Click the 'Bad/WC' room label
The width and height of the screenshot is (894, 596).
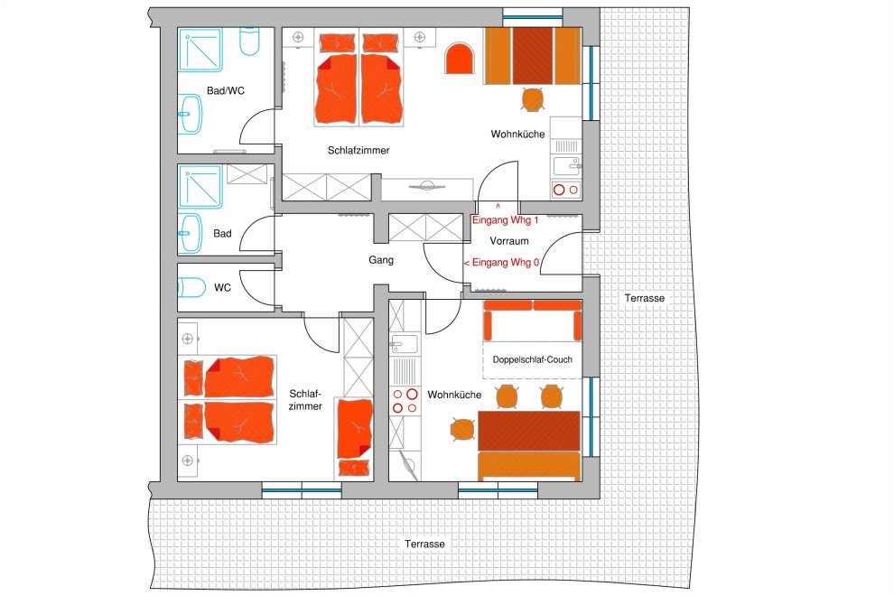(x=226, y=90)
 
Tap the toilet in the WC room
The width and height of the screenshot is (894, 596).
(x=191, y=287)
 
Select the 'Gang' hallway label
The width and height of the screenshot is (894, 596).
(x=381, y=260)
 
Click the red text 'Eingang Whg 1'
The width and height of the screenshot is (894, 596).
(x=505, y=220)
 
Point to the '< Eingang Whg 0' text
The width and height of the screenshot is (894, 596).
(x=501, y=263)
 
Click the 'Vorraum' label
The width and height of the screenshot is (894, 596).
(x=509, y=241)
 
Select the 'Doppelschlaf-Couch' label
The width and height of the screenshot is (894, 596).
(x=533, y=360)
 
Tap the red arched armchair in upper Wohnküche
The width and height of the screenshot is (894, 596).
(x=460, y=59)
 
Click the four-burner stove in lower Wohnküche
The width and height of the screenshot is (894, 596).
(x=405, y=400)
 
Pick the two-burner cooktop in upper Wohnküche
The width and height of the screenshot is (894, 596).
(x=565, y=190)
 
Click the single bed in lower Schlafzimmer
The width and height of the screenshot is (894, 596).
(x=354, y=437)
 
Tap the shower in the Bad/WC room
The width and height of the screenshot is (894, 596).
(x=200, y=51)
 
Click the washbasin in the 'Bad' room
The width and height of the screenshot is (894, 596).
(x=190, y=234)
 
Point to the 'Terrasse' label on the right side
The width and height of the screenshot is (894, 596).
(x=644, y=298)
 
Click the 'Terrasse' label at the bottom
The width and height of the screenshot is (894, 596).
(x=424, y=545)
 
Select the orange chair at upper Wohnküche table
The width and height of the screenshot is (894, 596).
(x=533, y=99)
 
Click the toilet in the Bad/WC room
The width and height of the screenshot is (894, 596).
(x=250, y=42)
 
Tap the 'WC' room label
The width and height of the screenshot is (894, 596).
(x=222, y=288)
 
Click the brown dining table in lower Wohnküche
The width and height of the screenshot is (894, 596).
(x=528, y=431)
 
